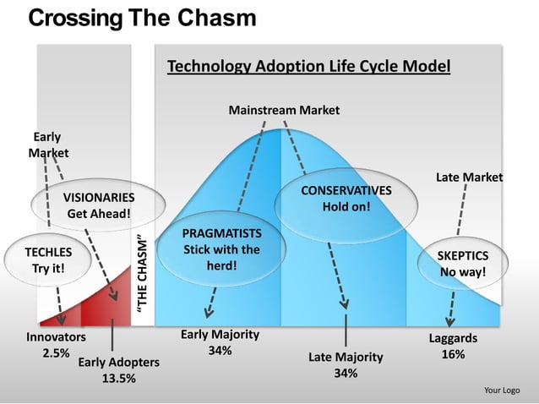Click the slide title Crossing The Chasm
pos(142,19)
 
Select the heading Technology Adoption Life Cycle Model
pos(308,67)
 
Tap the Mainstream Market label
pos(284,110)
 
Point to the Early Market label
pos(47,145)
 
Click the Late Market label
pos(469,177)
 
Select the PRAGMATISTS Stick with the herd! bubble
pos(221,249)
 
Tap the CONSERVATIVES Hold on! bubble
pos(346,199)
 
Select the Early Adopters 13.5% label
pos(118,370)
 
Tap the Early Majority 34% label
pos(220,343)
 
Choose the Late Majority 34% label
pos(345,365)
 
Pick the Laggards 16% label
pos(453,347)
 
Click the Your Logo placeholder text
pos(501,390)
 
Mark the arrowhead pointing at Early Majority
pos(207,314)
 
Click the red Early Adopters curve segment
pos(110,300)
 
